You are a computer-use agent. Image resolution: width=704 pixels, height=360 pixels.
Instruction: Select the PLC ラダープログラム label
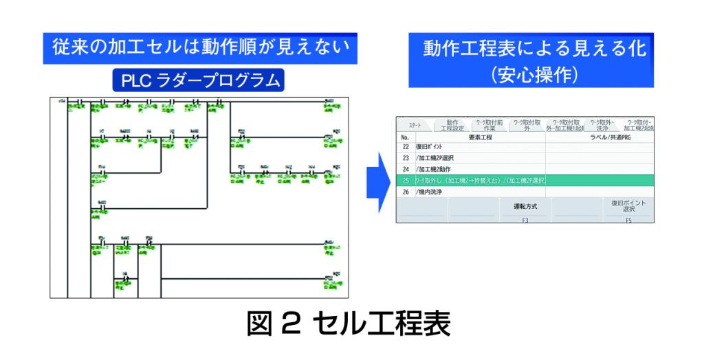(x=199, y=80)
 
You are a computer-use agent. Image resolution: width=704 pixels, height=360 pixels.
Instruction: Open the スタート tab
(x=415, y=126)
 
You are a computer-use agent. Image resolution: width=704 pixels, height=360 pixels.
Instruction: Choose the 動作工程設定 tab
(x=452, y=125)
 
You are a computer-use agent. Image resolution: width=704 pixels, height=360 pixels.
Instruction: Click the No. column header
(x=405, y=137)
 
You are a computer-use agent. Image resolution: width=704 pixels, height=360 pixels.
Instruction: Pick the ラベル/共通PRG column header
(x=599, y=137)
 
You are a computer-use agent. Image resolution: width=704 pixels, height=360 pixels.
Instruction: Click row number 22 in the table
(x=405, y=147)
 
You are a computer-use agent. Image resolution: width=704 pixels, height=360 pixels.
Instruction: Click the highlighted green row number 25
(x=405, y=180)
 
